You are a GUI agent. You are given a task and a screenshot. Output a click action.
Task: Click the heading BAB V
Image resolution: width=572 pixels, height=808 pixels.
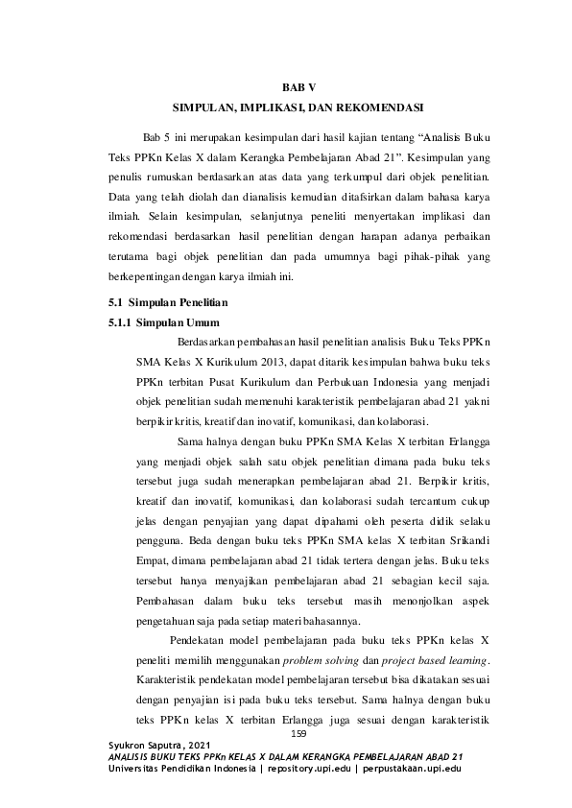[285, 87]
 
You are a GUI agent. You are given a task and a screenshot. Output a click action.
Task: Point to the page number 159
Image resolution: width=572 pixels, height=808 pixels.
[297, 735]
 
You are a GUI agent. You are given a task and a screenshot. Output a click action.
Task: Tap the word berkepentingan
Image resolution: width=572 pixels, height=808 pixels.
[153, 279]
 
